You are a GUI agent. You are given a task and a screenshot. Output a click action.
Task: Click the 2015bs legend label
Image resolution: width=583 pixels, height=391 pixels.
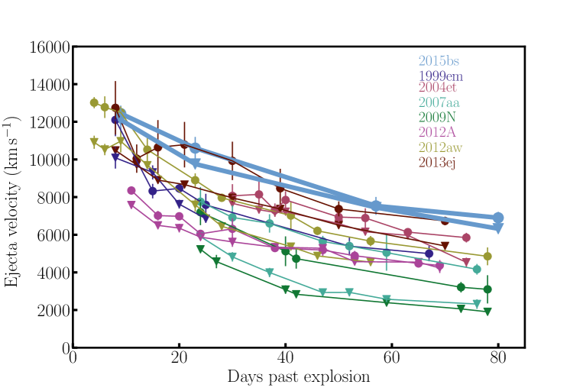pyautogui.click(x=438, y=61)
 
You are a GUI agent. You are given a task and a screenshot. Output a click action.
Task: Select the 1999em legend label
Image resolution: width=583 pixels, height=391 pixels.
pyautogui.click(x=440, y=76)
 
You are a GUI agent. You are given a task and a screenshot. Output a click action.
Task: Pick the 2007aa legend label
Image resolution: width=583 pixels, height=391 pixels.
pyautogui.click(x=438, y=103)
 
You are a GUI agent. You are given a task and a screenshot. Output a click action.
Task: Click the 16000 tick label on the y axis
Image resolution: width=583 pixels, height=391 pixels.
pyautogui.click(x=50, y=47)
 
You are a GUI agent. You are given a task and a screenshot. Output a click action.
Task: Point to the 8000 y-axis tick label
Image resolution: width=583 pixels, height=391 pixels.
pyautogui.click(x=53, y=198)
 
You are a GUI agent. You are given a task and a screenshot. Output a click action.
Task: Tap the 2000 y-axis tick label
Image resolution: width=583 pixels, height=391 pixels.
pyautogui.click(x=53, y=311)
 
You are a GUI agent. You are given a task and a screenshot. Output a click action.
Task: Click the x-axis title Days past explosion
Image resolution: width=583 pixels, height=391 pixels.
pyautogui.click(x=299, y=376)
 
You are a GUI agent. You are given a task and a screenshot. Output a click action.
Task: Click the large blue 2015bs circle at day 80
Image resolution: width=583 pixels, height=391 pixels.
pyautogui.click(x=498, y=218)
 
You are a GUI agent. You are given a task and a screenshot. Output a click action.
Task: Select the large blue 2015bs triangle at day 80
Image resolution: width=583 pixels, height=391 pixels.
pyautogui.click(x=498, y=228)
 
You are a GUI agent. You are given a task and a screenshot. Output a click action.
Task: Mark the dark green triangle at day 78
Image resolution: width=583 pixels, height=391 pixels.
pyautogui.click(x=487, y=312)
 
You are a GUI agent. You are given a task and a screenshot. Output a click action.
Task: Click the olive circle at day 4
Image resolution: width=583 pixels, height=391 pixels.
pyautogui.click(x=94, y=103)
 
